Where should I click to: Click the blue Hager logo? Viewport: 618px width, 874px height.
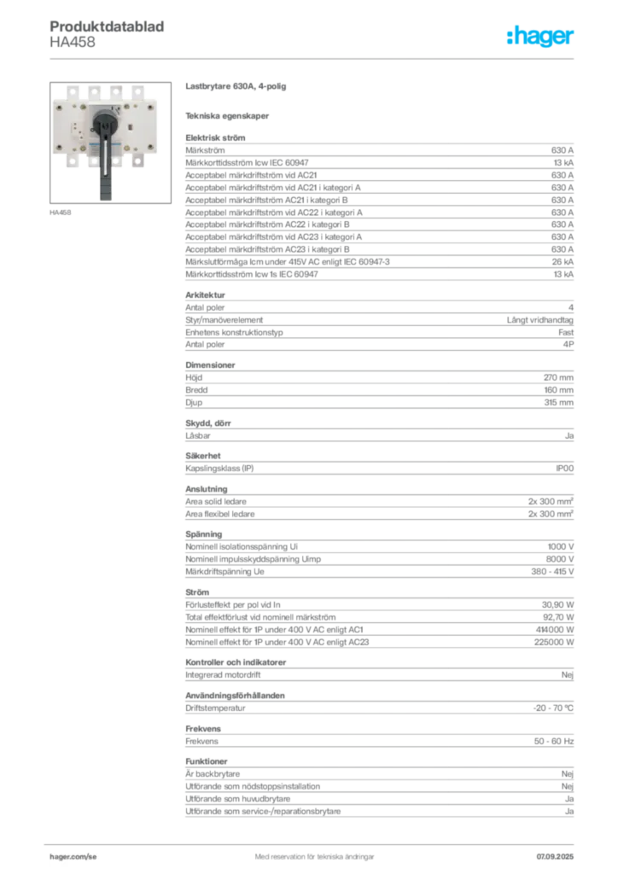point(541,38)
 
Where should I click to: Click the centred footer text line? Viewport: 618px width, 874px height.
point(311,851)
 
